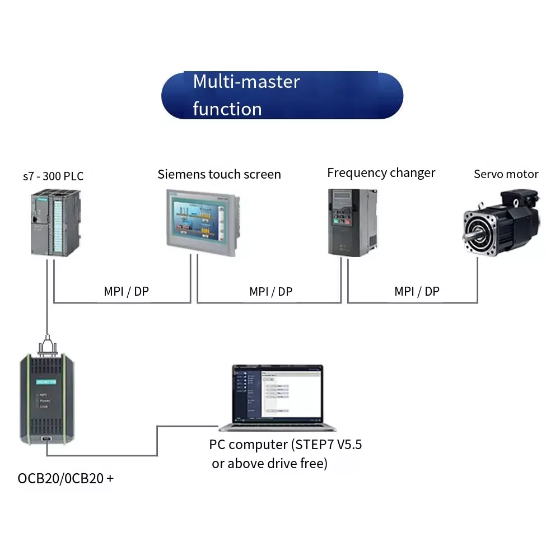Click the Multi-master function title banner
tap(282, 95)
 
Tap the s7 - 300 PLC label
tap(53, 176)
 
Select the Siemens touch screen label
tap(219, 174)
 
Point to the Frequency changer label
tap(381, 172)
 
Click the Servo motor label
tap(506, 174)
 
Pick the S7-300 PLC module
tap(55, 222)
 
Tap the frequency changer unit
tap(352, 222)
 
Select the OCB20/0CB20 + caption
tap(66, 478)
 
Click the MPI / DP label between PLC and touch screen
tap(127, 291)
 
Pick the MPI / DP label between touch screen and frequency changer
tap(270, 291)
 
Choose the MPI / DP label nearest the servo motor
tap(417, 291)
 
